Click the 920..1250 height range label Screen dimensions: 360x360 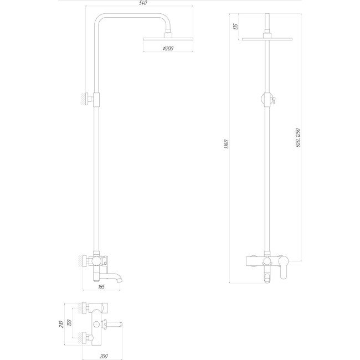coord(298,136)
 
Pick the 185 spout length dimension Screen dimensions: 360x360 coord(101,287)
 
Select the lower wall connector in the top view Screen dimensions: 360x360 coord(86,336)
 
